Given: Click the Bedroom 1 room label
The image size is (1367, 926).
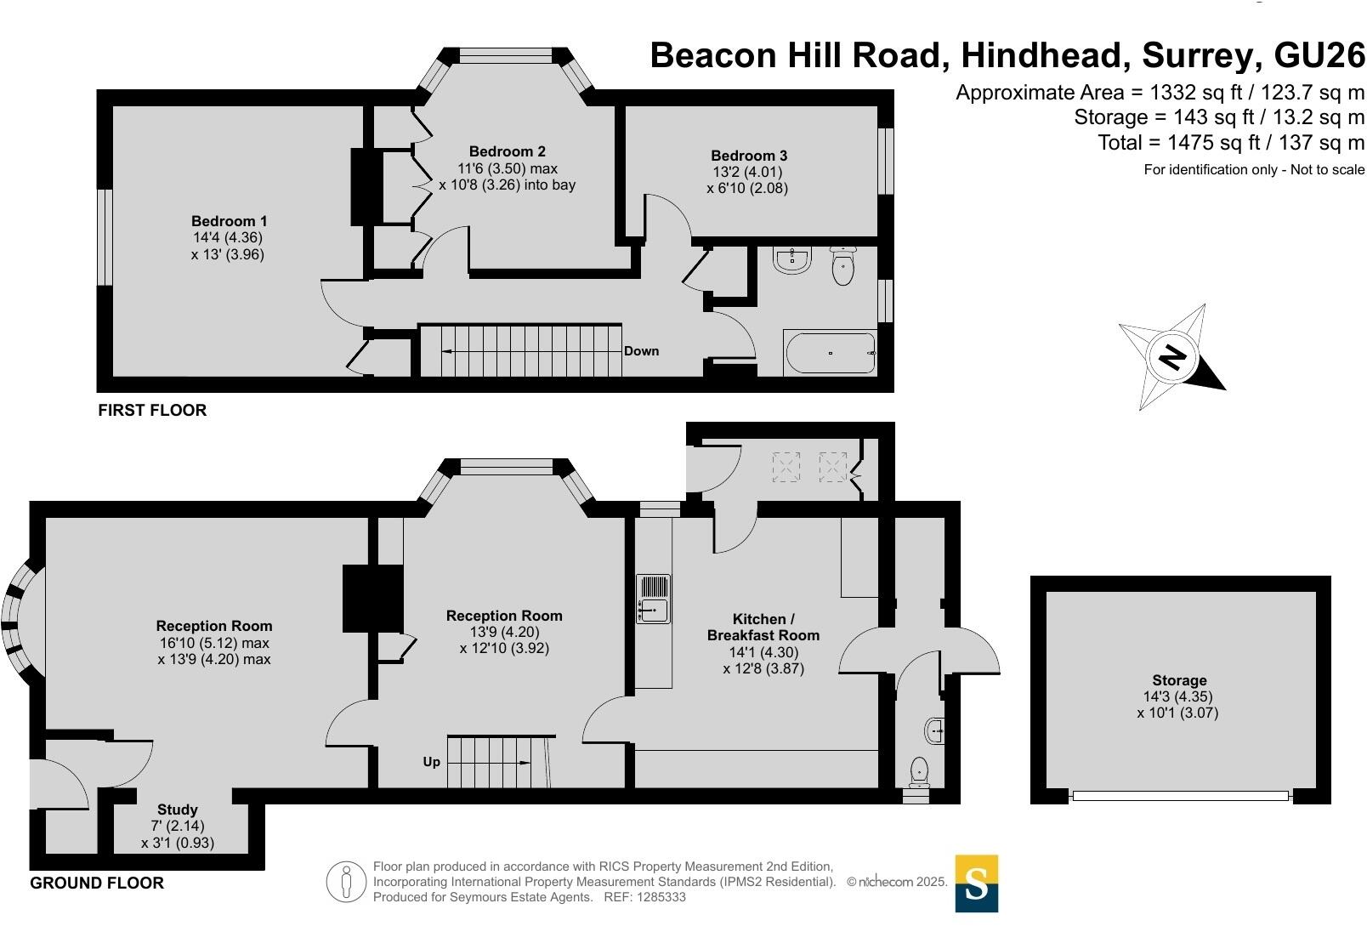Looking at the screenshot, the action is [229, 221].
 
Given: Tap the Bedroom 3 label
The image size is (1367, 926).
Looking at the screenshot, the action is [749, 156].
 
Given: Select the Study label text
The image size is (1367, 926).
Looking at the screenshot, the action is [178, 810].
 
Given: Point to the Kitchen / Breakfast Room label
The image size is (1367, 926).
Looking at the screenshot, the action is [763, 627].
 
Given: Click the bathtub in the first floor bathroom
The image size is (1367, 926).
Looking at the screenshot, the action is [831, 353].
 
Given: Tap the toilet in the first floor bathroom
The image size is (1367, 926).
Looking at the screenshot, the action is [842, 267].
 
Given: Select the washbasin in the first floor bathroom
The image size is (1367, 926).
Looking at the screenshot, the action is [792, 260].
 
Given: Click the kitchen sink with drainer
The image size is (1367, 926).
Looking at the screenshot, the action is [654, 599].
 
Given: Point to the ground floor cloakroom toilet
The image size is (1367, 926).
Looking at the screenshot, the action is [918, 773].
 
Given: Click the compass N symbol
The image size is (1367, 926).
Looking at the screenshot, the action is [1171, 357].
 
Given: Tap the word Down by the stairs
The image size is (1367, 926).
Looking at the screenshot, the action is [641, 351].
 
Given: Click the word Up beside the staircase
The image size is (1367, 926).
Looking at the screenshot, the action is [432, 763].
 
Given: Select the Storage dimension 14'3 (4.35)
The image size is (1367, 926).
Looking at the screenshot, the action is [1177, 696].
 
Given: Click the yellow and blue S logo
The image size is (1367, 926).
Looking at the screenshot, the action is [977, 883].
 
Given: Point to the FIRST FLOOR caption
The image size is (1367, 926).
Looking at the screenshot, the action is [152, 410].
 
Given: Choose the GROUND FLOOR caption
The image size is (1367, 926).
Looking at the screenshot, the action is [97, 883].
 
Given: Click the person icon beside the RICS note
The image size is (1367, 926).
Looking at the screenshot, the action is [346, 882].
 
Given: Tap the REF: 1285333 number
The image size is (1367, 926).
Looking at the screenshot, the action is [645, 897].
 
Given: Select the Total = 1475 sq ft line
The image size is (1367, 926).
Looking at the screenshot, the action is [1231, 143].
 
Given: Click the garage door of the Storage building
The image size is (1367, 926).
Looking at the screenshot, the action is [1181, 795].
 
